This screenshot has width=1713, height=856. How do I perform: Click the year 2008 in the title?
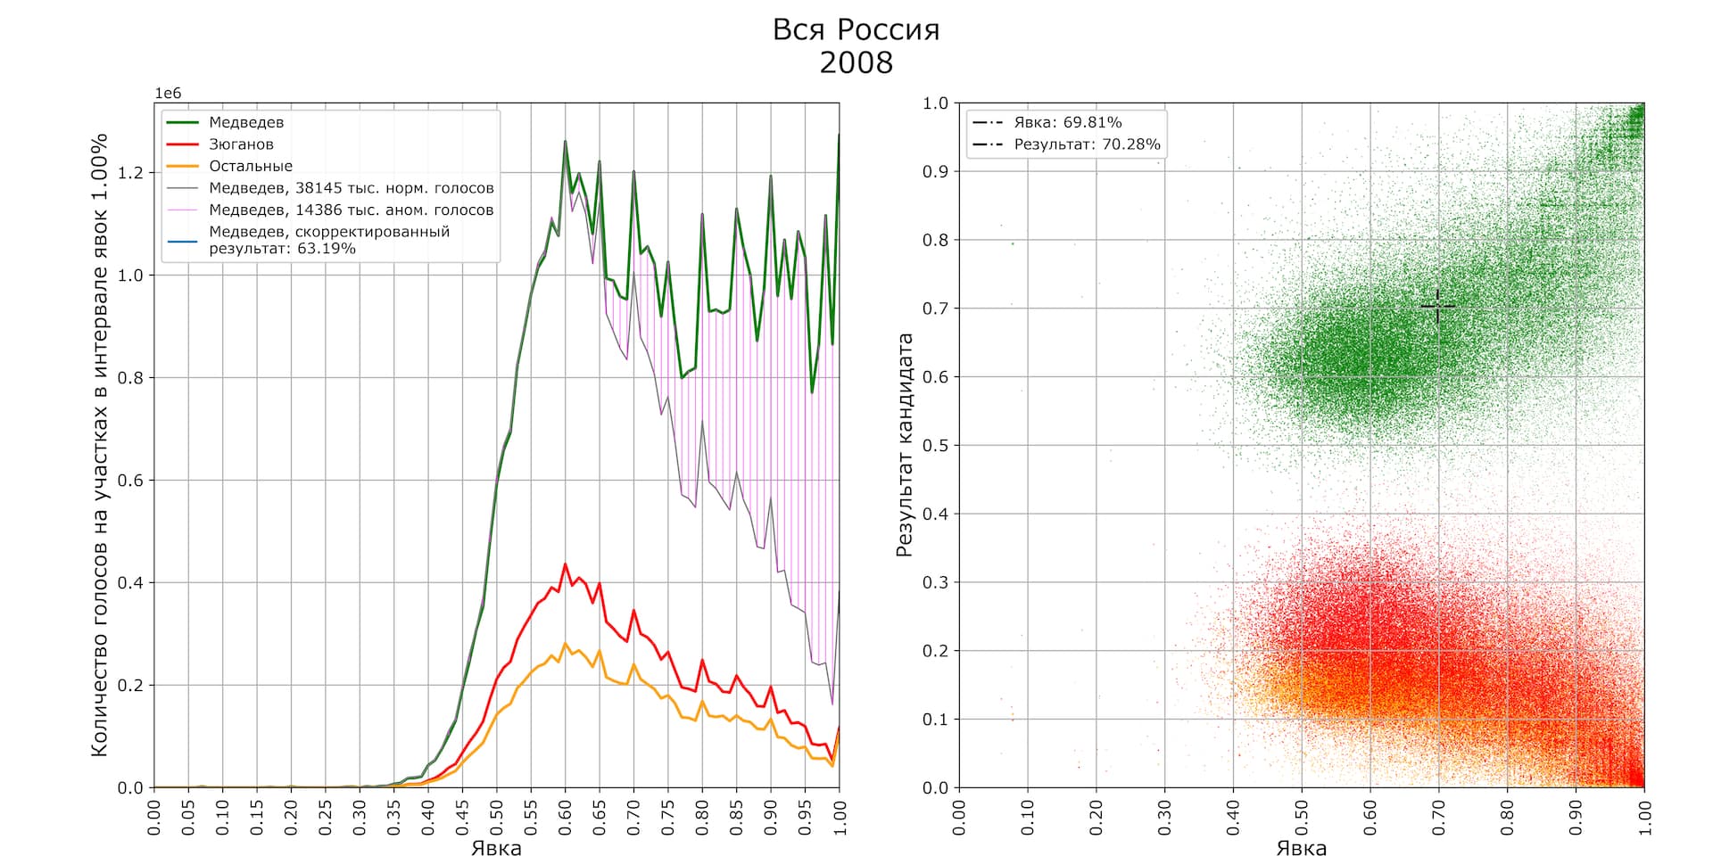pyautogui.click(x=856, y=62)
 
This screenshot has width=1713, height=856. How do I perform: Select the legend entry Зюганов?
pyautogui.click(x=241, y=144)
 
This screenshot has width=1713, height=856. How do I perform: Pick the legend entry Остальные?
pyautogui.click(x=251, y=166)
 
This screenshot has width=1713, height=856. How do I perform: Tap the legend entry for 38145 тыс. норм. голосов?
pyautogui.click(x=351, y=188)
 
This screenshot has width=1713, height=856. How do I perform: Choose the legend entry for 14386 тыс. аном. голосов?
pyautogui.click(x=351, y=210)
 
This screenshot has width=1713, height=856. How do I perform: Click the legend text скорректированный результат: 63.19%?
pyautogui.click(x=329, y=240)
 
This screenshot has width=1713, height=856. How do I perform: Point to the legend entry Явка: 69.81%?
pyautogui.click(x=1067, y=122)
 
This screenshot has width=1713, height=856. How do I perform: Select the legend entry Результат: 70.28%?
pyautogui.click(x=1087, y=144)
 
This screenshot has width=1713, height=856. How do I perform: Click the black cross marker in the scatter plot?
pyautogui.click(x=1437, y=306)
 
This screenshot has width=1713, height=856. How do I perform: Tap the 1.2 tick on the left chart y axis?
pyautogui.click(x=130, y=172)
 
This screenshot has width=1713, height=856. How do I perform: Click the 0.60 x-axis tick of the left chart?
pyautogui.click(x=565, y=817)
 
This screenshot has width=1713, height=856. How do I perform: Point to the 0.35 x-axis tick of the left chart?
pyautogui.click(x=393, y=817)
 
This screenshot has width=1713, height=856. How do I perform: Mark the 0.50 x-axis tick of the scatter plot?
pyautogui.click(x=1302, y=817)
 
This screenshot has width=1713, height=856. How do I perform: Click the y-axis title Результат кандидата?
pyautogui.click(x=905, y=445)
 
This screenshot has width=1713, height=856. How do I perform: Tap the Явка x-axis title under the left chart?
pyautogui.click(x=496, y=847)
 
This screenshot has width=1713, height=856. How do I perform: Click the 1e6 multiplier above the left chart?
pyautogui.click(x=168, y=94)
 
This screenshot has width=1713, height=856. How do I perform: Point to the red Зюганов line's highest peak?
pyautogui.click(x=565, y=564)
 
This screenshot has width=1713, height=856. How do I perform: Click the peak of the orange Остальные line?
pyautogui.click(x=565, y=643)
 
